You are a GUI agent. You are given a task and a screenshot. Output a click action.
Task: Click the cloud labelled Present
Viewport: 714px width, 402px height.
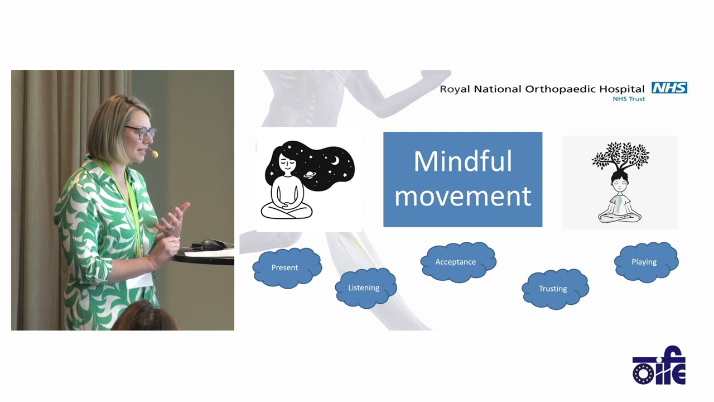tap(287, 267)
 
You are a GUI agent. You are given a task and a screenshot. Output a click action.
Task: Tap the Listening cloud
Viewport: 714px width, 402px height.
tap(365, 288)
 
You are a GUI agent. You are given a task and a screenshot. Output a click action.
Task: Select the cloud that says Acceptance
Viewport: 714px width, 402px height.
tap(457, 261)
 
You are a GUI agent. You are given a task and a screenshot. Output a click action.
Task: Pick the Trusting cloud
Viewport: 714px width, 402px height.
tap(554, 288)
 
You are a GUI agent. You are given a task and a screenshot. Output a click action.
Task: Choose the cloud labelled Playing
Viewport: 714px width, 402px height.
tap(645, 261)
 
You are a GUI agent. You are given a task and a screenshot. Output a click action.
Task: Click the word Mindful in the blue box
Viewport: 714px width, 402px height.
tap(462, 162)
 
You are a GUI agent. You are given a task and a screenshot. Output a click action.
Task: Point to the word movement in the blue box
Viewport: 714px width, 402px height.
tap(462, 197)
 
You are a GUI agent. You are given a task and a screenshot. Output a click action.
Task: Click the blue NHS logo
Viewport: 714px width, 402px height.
tap(669, 88)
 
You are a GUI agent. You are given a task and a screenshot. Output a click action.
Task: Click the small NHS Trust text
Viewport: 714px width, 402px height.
tap(629, 99)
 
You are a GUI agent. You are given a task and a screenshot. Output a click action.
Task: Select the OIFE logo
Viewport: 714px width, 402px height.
tap(659, 366)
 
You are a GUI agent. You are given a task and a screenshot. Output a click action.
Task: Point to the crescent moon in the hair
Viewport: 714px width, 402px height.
tap(335, 161)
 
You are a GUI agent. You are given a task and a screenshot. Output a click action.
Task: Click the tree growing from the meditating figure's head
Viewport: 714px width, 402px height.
tap(620, 156)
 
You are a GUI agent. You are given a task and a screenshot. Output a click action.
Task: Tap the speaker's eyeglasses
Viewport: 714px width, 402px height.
tap(141, 133)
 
